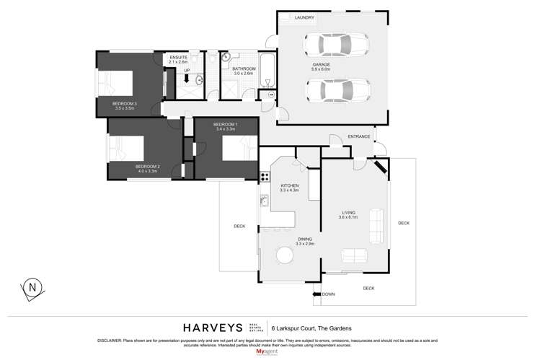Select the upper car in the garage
337,46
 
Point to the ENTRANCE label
358,136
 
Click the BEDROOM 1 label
225,125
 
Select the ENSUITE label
177,57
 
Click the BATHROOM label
244,68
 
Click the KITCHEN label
290,185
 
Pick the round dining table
283,258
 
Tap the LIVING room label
349,212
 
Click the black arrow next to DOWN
316,294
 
